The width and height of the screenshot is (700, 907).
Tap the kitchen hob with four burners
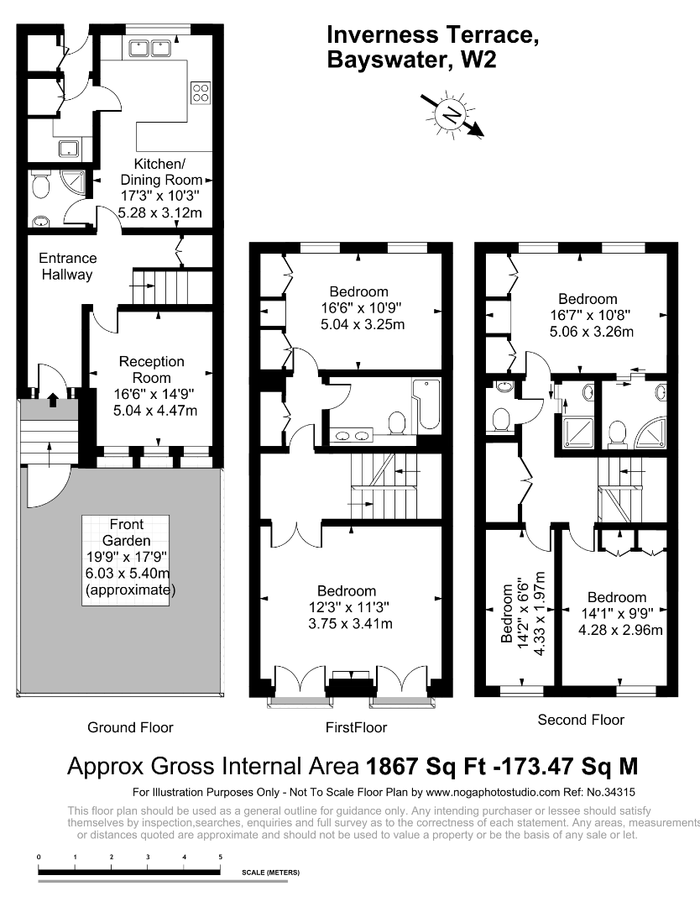tap(201, 93)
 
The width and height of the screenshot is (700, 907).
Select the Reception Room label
tap(151, 370)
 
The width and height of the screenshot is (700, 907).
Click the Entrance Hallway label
tap(68, 266)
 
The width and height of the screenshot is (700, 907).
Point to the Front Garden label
tap(127, 532)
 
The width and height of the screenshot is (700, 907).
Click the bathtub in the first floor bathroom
tap(427, 404)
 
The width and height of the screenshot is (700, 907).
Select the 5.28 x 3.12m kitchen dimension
tap(160, 212)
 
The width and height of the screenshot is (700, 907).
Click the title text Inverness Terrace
tap(433, 34)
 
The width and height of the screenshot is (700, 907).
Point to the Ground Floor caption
tap(130, 727)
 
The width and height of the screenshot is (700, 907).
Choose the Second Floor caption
tap(581, 721)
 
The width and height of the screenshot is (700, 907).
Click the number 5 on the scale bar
tap(220, 857)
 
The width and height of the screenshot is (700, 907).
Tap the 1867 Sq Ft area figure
tap(427, 767)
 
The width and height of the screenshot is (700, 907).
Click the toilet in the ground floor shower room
tap(40, 186)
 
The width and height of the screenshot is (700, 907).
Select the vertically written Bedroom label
tap(507, 613)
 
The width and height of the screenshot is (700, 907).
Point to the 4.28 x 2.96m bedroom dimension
tap(620, 630)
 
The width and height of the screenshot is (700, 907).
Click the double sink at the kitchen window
tap(149, 48)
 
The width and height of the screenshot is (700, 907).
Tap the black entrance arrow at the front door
tap(53, 399)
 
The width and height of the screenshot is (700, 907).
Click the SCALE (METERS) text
tap(270, 873)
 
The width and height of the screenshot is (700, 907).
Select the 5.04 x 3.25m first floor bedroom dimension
tap(363, 324)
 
